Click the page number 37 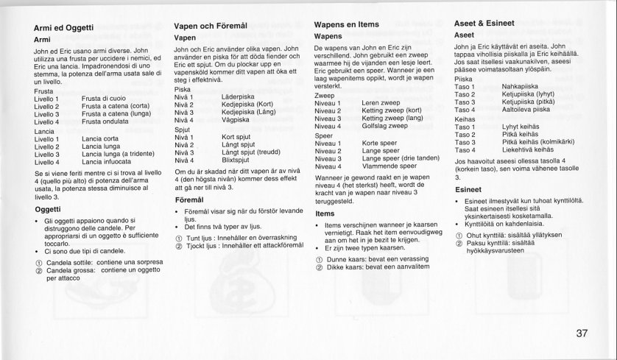click(x=582, y=333)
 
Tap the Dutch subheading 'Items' click(x=325, y=213)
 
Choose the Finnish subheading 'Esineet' click(x=468, y=189)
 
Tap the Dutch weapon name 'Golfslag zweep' click(x=385, y=126)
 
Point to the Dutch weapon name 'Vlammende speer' click(x=388, y=166)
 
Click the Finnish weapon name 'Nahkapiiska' click(x=521, y=87)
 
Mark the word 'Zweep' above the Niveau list click(x=325, y=95)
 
